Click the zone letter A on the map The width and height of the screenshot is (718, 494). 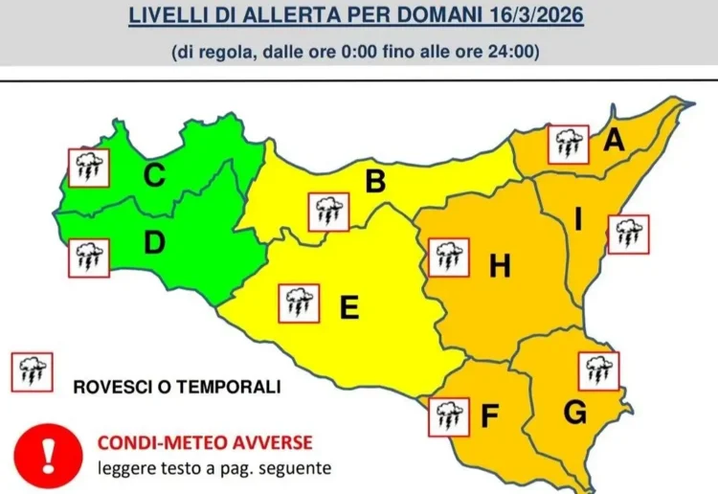(x=614, y=141)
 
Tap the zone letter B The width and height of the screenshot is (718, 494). (x=375, y=181)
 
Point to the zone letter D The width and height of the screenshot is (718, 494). (x=154, y=244)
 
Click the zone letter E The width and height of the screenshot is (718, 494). (x=349, y=307)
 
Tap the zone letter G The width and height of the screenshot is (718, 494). (x=574, y=413)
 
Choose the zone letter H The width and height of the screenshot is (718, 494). (x=499, y=268)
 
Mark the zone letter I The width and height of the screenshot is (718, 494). (x=578, y=220)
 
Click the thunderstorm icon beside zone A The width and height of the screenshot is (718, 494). (x=568, y=145)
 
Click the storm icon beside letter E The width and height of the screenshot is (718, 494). (x=298, y=303)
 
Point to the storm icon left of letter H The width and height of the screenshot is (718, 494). (x=447, y=257)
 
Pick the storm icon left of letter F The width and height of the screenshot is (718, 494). (x=447, y=415)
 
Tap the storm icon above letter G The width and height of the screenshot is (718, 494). (x=599, y=370)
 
